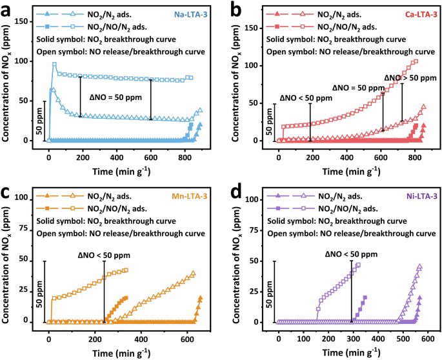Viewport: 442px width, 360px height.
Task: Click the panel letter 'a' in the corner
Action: pos(6,7)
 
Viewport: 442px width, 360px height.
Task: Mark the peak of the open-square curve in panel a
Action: pos(55,64)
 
